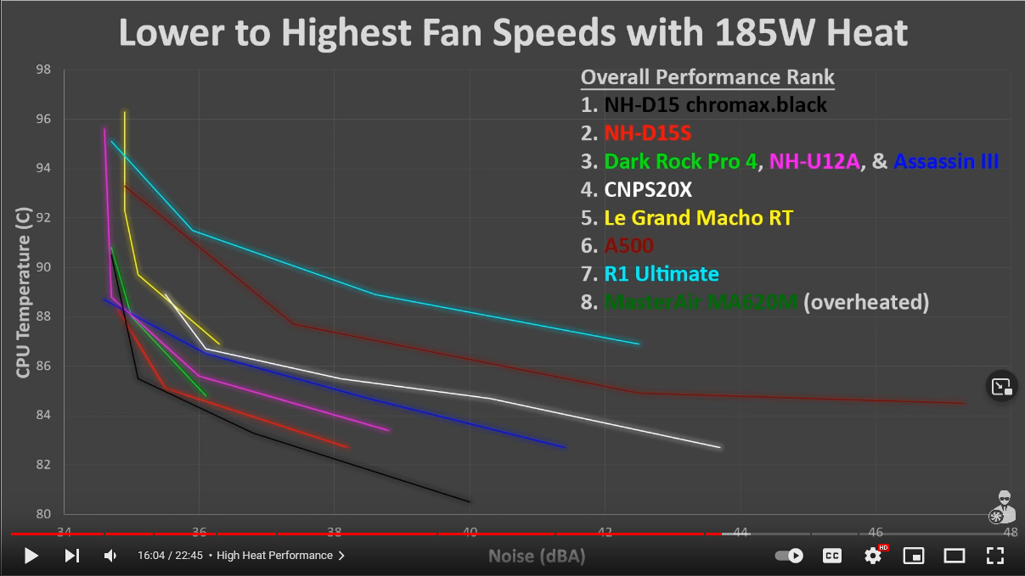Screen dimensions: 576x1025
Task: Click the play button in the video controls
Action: [31, 556]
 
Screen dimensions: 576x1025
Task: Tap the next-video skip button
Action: [72, 556]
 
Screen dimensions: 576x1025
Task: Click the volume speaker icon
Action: [110, 556]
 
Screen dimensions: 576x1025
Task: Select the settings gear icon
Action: [873, 556]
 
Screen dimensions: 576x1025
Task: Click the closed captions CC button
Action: [832, 556]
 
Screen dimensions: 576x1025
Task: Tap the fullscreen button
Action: [994, 556]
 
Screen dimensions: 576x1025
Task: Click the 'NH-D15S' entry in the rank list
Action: [648, 133]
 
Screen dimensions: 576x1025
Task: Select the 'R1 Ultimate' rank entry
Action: [662, 274]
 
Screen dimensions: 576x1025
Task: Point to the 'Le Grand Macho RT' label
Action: [698, 218]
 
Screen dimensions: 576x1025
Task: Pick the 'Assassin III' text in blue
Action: [946, 161]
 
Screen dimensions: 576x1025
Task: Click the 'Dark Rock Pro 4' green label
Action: [680, 161]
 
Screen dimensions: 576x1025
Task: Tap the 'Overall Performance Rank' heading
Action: [707, 78]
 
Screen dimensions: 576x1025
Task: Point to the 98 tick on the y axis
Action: [43, 70]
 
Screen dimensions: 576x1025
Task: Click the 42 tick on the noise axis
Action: [605, 533]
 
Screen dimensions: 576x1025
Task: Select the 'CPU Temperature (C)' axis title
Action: [23, 292]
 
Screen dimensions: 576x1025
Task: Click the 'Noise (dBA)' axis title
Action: [537, 556]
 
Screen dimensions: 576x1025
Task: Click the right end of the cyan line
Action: [639, 344]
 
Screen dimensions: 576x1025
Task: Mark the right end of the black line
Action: [470, 501]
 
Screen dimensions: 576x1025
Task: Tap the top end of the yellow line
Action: [125, 111]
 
